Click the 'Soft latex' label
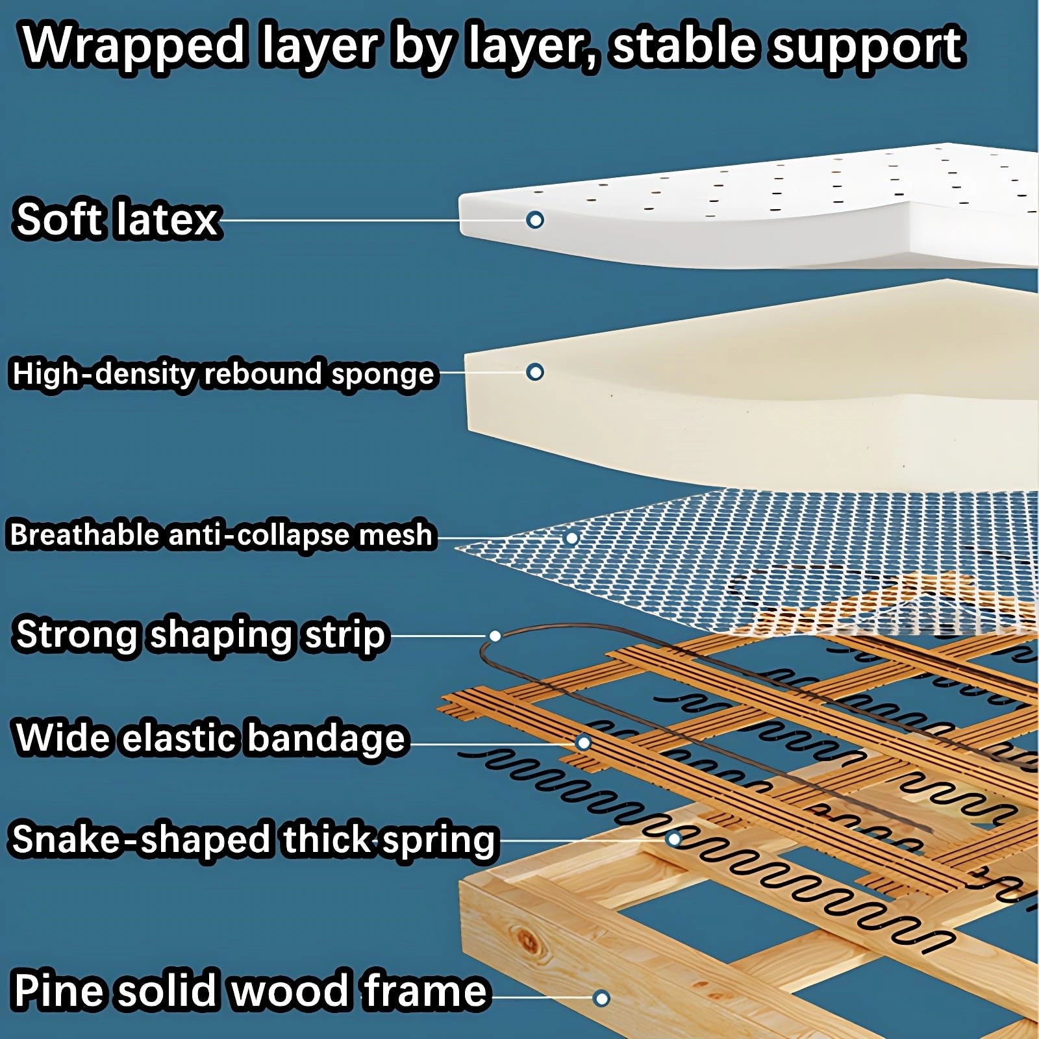click(117, 219)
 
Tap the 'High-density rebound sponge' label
click(223, 373)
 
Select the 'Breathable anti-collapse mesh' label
click(221, 535)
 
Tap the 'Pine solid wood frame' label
click(250, 990)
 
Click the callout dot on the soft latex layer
click(535, 220)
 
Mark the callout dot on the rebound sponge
click(535, 372)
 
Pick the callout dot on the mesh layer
click(571, 538)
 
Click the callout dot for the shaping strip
click(495, 636)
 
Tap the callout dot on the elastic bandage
click(584, 742)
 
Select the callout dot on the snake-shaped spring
click(674, 840)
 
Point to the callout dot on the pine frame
click(601, 998)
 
